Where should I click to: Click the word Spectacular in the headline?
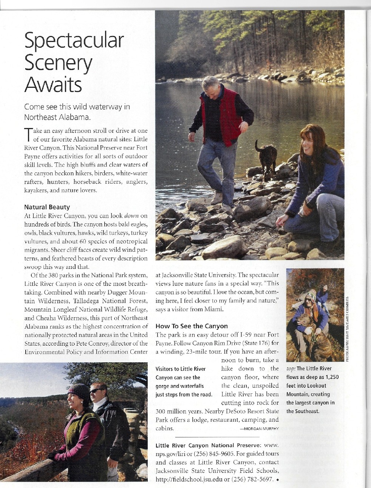coord(74,41)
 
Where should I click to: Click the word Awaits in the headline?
coord(53,84)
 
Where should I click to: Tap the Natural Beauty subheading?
coord(47,207)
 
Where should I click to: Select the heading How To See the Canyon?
coord(192,326)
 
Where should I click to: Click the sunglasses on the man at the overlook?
coord(96,390)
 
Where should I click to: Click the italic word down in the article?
coord(131,216)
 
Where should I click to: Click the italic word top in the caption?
coord(291,369)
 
